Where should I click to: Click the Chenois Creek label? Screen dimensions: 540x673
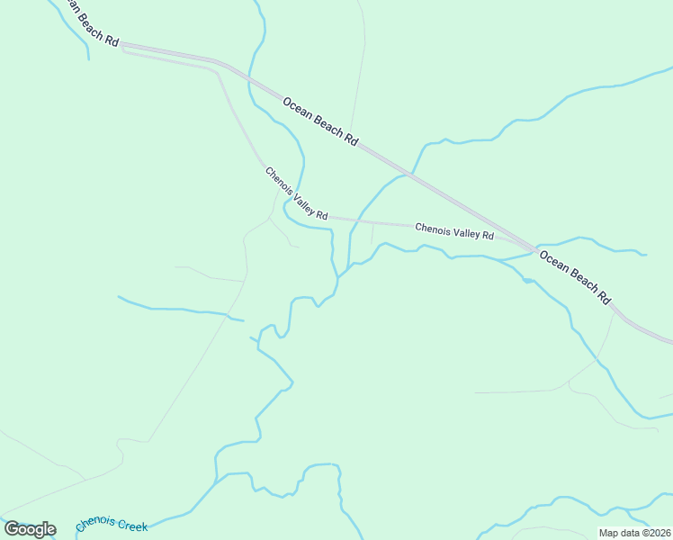(112, 524)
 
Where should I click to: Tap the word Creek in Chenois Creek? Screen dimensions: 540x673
(131, 526)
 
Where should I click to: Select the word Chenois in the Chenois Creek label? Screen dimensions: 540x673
(94, 521)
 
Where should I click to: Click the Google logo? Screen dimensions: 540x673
(30, 529)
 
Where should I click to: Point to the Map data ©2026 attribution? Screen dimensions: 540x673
(635, 533)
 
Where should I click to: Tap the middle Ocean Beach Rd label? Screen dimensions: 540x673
(320, 121)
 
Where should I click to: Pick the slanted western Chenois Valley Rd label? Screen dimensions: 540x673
(295, 193)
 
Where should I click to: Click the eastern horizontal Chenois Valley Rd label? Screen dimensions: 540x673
(454, 231)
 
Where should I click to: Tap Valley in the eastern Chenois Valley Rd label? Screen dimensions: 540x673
(465, 232)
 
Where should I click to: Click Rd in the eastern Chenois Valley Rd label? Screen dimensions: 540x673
(488, 235)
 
